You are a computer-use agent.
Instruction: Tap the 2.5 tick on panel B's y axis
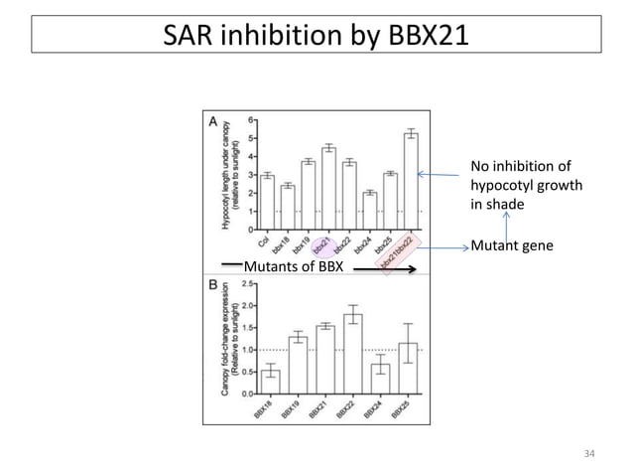245,285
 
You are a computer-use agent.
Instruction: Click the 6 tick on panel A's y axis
248,119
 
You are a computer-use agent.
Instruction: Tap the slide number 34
591,454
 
